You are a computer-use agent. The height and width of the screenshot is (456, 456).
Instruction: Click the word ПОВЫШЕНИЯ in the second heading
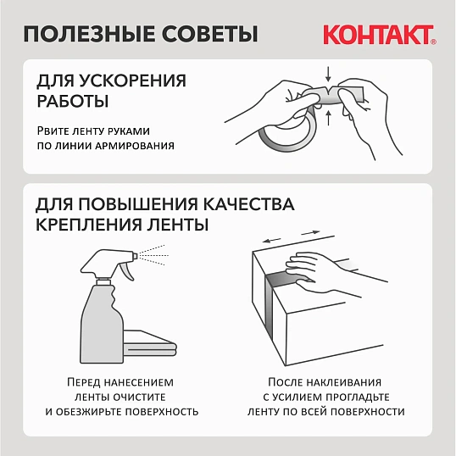click(x=136, y=206)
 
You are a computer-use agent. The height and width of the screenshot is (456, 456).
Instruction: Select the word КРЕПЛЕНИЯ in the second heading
click(x=93, y=225)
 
